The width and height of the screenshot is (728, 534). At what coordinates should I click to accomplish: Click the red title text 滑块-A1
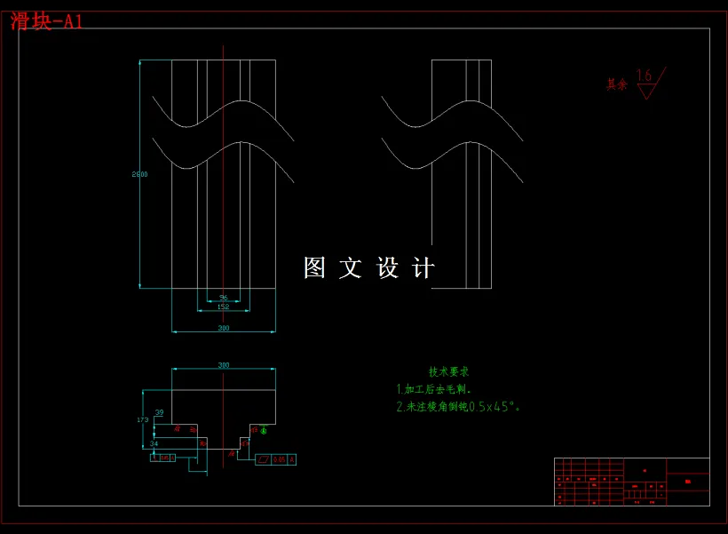pyautogui.click(x=46, y=21)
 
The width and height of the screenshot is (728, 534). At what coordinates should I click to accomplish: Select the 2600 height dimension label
pyautogui.click(x=139, y=174)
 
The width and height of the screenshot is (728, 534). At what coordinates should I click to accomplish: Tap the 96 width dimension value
pyautogui.click(x=223, y=298)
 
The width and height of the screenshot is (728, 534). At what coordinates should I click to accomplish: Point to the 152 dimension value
pyautogui.click(x=223, y=307)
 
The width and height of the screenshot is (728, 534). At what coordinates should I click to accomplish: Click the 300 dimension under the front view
pyautogui.click(x=223, y=329)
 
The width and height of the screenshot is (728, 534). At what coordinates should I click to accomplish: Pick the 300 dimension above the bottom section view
pyautogui.click(x=223, y=365)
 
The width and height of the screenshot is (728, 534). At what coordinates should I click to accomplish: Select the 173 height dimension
pyautogui.click(x=142, y=418)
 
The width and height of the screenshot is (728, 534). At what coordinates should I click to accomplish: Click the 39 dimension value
pyautogui.click(x=159, y=413)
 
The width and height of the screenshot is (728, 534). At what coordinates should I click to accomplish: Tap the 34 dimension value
pyautogui.click(x=154, y=442)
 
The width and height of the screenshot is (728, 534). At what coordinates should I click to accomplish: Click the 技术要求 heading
pyautogui.click(x=448, y=371)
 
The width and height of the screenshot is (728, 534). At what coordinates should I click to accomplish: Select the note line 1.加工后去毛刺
pyautogui.click(x=433, y=389)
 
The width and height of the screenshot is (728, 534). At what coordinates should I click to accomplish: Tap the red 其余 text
pyautogui.click(x=616, y=84)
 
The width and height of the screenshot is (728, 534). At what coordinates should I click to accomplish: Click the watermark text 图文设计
pyautogui.click(x=369, y=267)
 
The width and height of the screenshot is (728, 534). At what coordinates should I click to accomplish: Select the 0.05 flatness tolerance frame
pyautogui.click(x=275, y=459)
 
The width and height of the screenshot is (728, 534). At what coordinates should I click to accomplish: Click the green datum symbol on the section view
pyautogui.click(x=263, y=431)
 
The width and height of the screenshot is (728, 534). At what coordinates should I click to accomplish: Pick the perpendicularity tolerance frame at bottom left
pyautogui.click(x=163, y=458)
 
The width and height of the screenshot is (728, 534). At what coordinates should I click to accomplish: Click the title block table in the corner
pyautogui.click(x=631, y=481)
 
